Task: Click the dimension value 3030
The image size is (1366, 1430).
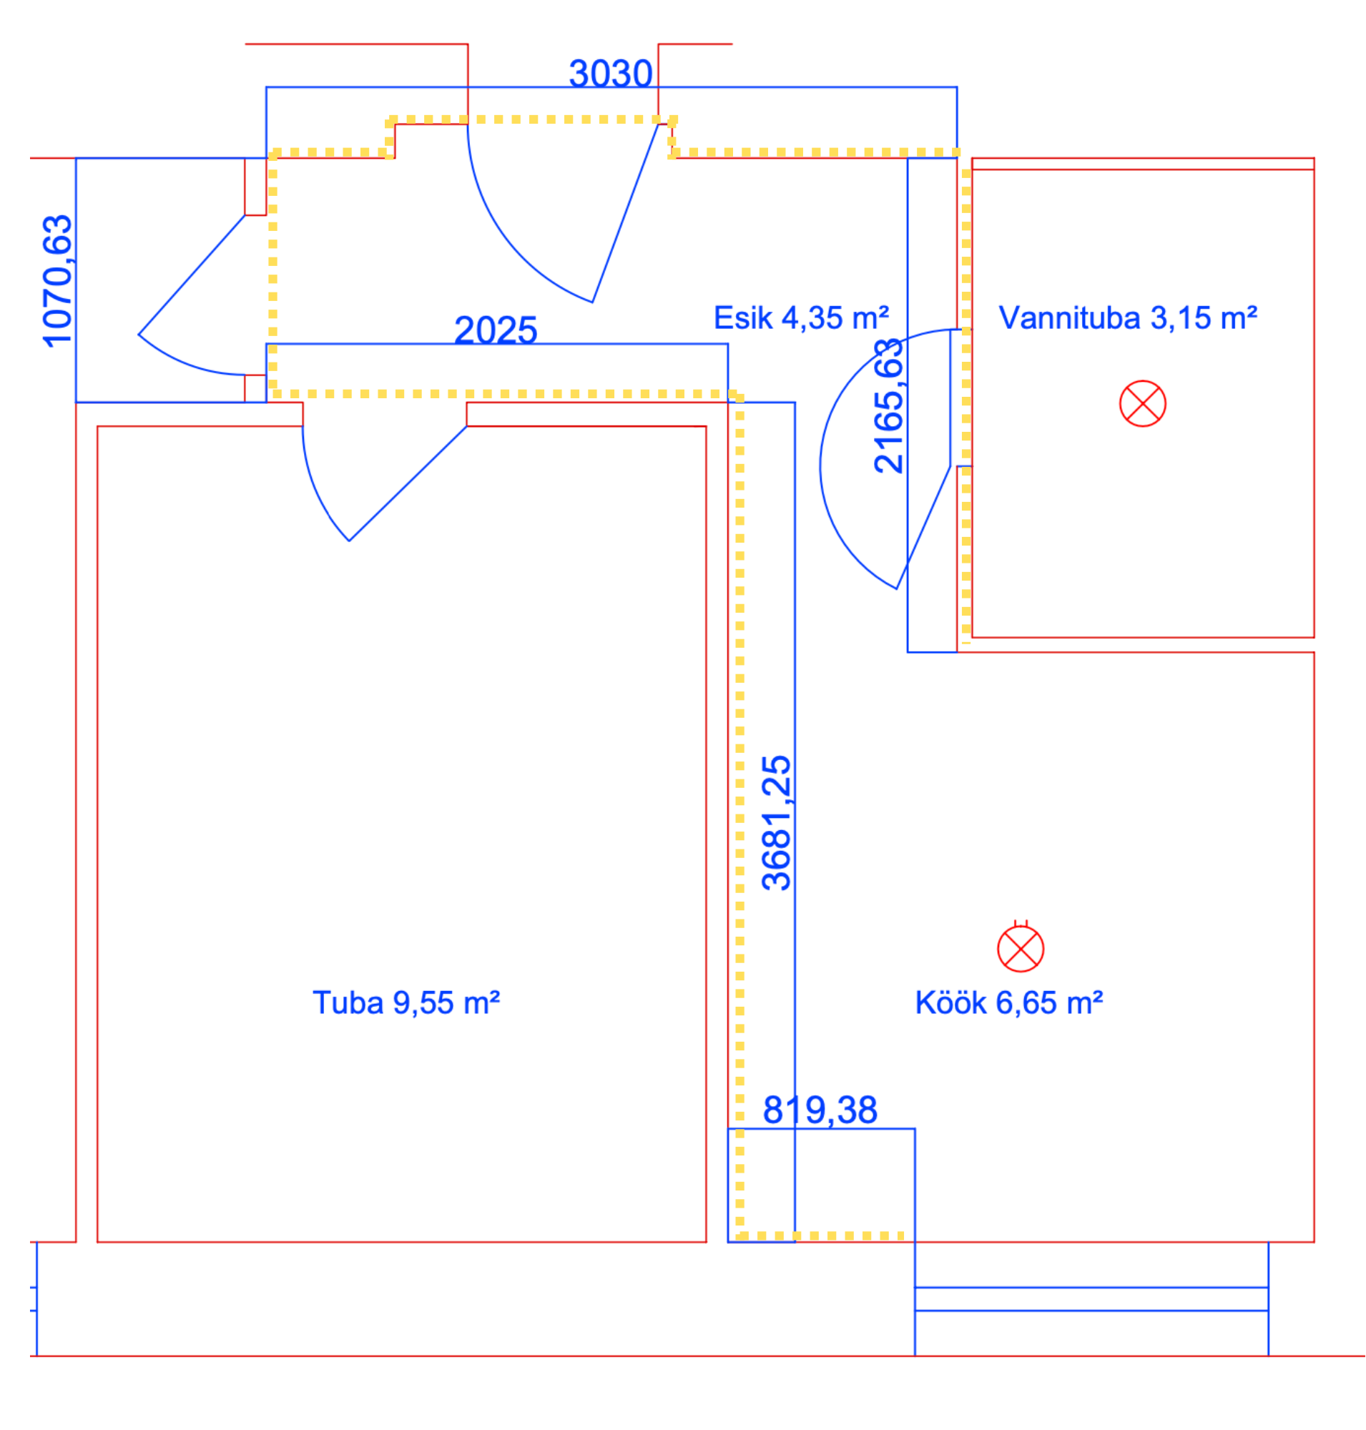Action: [x=610, y=74]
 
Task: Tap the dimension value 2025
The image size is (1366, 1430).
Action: [x=496, y=330]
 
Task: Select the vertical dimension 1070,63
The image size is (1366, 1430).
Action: [x=58, y=281]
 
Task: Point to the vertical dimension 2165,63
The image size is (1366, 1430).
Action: [x=888, y=405]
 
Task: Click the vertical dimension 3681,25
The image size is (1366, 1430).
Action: [x=776, y=823]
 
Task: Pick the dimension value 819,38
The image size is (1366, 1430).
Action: [x=820, y=1110]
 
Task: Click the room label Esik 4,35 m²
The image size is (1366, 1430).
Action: [x=801, y=318]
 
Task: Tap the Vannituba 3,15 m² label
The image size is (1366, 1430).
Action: [x=1128, y=318]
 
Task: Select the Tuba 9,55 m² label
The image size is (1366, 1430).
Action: [x=406, y=1003]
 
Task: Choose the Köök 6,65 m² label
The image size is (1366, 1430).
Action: [x=1009, y=1003]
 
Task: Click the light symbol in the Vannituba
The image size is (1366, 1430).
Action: [x=1142, y=403]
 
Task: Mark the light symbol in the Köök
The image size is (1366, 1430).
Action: [x=1021, y=948]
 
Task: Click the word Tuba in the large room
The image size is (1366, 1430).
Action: [x=348, y=1003]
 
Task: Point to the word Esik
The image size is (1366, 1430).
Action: [x=744, y=318]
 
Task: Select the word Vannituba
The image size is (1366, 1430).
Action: [x=1070, y=318]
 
